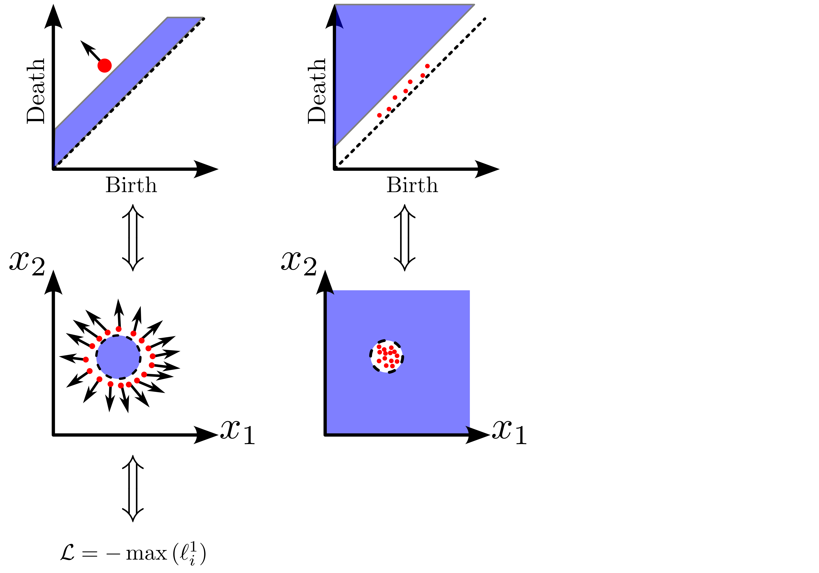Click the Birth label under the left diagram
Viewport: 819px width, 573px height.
[x=131, y=185]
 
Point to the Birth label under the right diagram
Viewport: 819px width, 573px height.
[x=412, y=185]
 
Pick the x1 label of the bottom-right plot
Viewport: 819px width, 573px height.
[x=509, y=432]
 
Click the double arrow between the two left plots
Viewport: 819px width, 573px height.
[x=133, y=238]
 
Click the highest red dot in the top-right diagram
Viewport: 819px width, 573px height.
[x=427, y=66]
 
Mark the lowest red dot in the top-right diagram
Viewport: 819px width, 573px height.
[x=379, y=115]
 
